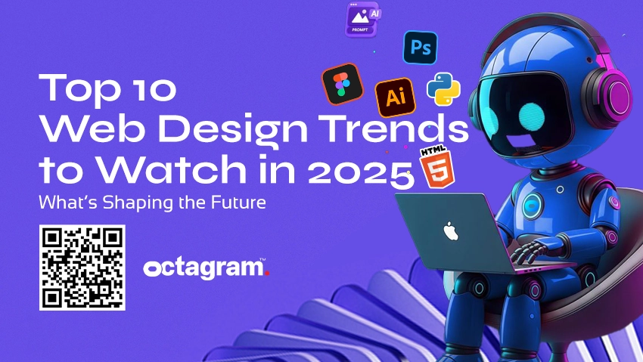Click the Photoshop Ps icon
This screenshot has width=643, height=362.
(x=420, y=48)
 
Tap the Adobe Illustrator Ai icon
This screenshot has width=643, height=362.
(x=394, y=97)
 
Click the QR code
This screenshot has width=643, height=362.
(x=82, y=267)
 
